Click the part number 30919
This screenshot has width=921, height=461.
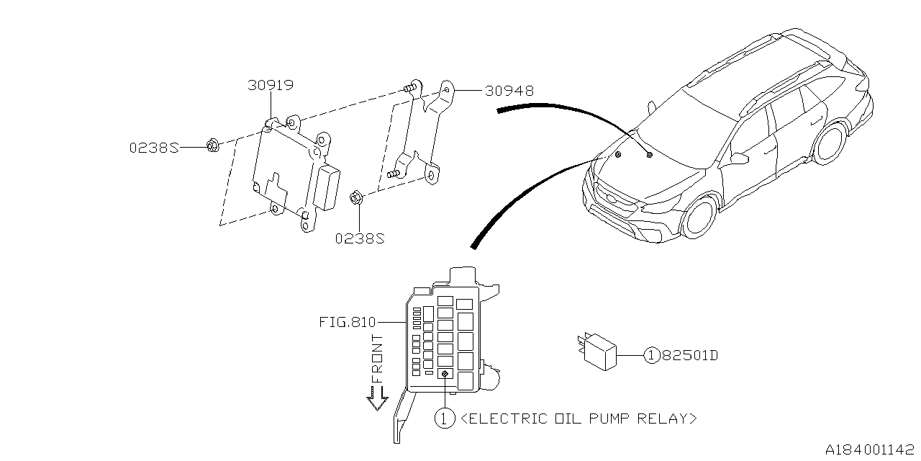[x=270, y=86]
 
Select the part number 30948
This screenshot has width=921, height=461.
[x=509, y=91]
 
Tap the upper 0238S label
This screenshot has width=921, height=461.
[x=153, y=147]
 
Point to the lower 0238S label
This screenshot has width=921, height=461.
[x=360, y=238]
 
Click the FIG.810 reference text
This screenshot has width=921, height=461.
[x=348, y=323]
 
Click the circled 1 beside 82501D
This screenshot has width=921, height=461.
[x=651, y=355]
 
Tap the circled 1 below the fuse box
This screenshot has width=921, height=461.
[x=445, y=418]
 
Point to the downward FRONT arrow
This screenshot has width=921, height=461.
[x=376, y=398]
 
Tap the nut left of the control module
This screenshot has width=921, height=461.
[x=212, y=146]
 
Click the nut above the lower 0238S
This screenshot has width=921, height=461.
[x=356, y=197]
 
